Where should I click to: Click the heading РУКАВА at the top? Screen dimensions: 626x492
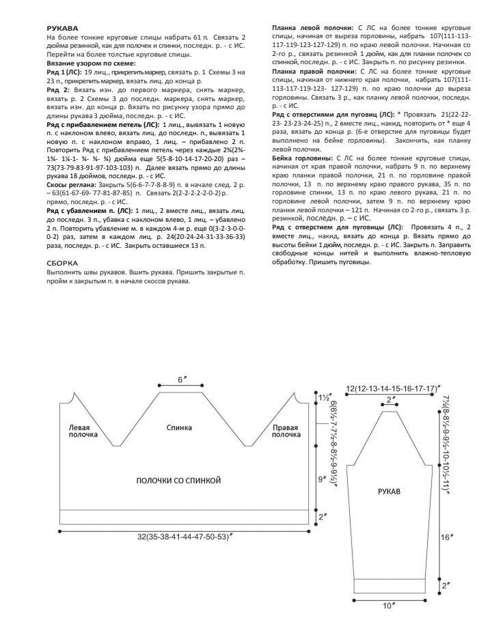click(61, 27)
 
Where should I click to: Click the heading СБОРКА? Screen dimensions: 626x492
click(62, 262)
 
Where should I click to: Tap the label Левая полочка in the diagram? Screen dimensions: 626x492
click(83, 431)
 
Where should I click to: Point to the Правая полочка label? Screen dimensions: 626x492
click(285, 431)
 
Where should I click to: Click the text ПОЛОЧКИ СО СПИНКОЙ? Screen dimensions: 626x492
click(178, 481)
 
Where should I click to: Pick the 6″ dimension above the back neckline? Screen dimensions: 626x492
click(181, 379)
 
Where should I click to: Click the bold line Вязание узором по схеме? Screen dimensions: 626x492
click(91, 63)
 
